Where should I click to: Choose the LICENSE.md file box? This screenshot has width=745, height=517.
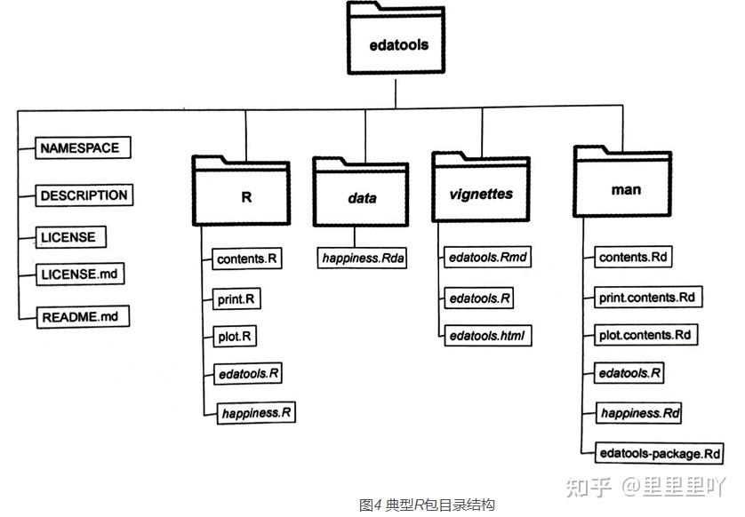(79, 274)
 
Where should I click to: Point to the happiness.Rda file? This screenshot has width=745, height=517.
(362, 258)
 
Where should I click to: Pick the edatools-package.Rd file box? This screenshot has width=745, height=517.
(659, 454)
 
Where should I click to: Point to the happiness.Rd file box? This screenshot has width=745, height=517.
(640, 414)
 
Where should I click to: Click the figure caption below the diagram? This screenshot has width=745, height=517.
(426, 505)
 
